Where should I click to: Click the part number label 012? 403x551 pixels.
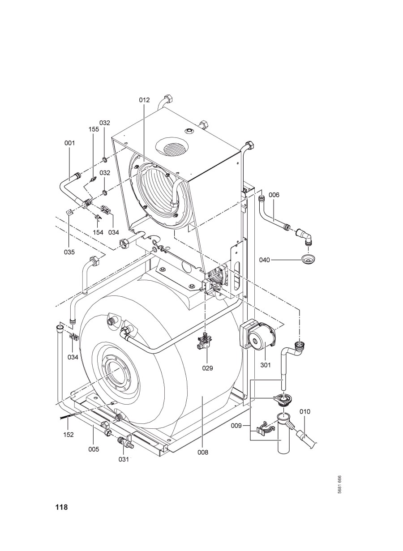pos(144,100)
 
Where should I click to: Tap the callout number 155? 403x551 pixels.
pos(94,129)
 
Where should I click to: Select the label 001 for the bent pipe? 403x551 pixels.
pos(69,143)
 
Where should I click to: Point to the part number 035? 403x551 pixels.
pos(69,252)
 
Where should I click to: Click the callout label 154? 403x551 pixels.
pos(98,232)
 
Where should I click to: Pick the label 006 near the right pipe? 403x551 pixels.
pos(274,195)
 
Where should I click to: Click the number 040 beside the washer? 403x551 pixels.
pos(265,260)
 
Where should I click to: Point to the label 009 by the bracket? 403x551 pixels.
pos(236,426)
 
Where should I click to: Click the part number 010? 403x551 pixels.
pos(305,411)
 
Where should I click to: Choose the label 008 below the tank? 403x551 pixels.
pos(203,453)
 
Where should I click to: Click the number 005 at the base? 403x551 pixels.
pos(94,449)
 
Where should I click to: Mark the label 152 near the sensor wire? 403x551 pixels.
pos(69,435)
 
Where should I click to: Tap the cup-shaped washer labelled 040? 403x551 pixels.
pos(309,259)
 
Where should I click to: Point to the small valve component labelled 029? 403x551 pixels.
pos(203,341)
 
